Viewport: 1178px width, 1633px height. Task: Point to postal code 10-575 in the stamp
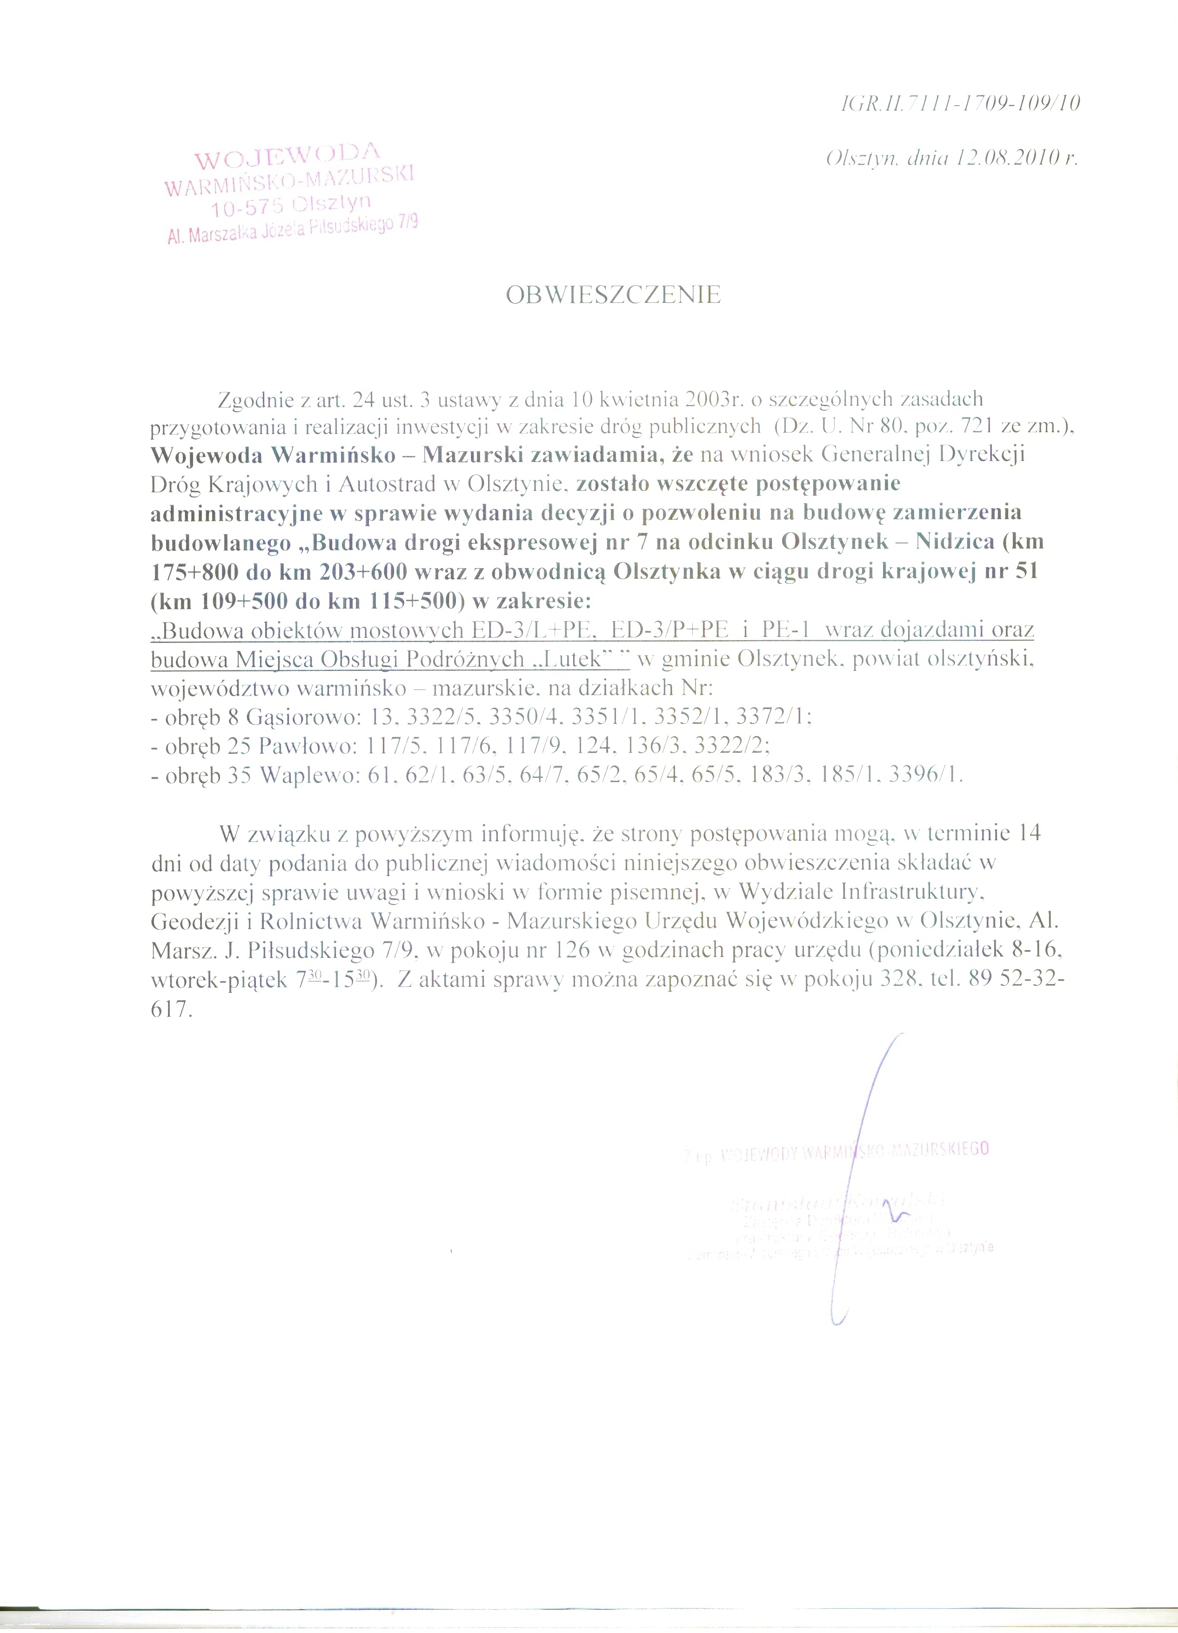click(x=247, y=207)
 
